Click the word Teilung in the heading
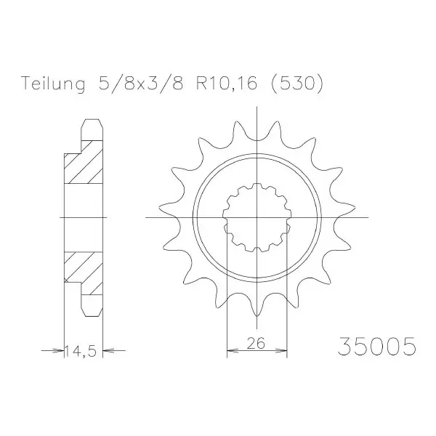[x=53, y=84]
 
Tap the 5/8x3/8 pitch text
[x=141, y=83]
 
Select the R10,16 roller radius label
[x=226, y=83]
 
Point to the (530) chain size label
[x=296, y=83]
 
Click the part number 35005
[x=377, y=347]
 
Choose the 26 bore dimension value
[x=256, y=343]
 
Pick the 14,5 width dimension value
[x=81, y=351]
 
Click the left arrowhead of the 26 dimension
[x=233, y=350]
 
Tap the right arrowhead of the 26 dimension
[x=281, y=350]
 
